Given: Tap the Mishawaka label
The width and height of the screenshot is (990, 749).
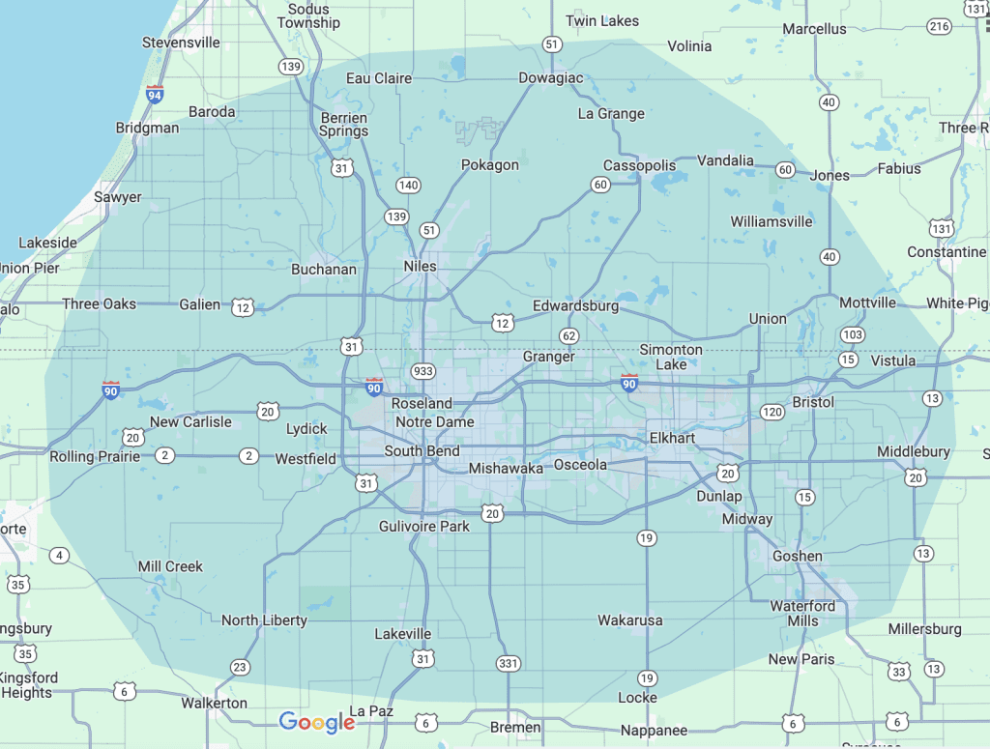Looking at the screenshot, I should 506,469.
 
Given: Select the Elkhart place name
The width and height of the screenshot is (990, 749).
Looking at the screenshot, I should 672,438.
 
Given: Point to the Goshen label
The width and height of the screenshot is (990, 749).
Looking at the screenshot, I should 797,556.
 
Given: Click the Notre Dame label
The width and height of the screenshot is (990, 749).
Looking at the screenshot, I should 434,422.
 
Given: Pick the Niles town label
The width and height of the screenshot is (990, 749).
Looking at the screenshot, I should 420,266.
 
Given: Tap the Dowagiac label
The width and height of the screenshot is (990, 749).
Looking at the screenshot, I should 550,77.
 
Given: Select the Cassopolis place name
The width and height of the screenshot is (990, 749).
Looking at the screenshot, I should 640,165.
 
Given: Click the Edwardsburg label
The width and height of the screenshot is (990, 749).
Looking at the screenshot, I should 575,306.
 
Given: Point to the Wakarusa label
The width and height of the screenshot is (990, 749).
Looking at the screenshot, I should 630,619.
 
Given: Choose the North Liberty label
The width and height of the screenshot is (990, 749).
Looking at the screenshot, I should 264,619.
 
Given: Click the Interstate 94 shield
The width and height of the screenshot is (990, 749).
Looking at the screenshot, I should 155,94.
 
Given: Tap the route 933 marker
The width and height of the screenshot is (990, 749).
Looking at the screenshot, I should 422,371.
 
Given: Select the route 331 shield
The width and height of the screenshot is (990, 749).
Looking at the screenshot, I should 509,663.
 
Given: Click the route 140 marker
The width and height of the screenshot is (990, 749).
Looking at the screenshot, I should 408,185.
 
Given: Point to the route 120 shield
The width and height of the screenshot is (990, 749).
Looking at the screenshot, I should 772,412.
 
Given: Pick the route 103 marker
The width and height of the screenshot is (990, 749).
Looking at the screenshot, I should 852,334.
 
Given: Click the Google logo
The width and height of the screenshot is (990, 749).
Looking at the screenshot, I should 317,721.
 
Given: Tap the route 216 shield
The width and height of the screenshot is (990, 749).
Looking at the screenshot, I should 937,25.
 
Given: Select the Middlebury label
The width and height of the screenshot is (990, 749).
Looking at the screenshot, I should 914,451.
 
